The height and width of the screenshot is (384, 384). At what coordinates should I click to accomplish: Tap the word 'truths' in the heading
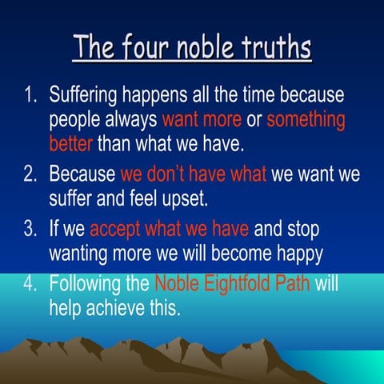click(275, 47)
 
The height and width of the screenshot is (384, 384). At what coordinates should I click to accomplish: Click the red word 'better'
click(71, 145)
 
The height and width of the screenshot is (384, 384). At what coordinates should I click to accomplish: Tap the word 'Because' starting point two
click(82, 174)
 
